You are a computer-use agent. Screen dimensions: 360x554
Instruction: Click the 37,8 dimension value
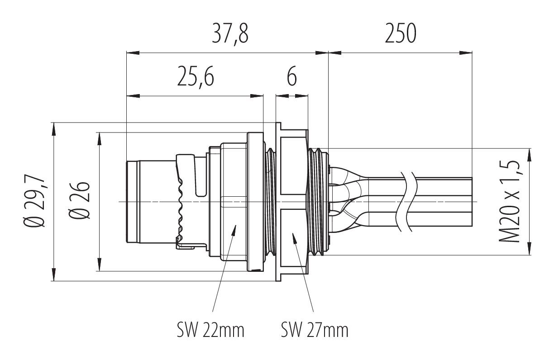point(230,34)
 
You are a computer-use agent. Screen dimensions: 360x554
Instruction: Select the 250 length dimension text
point(400,34)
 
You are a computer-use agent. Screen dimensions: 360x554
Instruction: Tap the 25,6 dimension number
point(195,77)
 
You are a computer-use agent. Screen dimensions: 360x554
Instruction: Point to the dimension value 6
point(292,77)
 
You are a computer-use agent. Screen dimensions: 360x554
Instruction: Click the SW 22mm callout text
point(211,331)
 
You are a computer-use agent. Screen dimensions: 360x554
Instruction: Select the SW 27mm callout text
point(315,331)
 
